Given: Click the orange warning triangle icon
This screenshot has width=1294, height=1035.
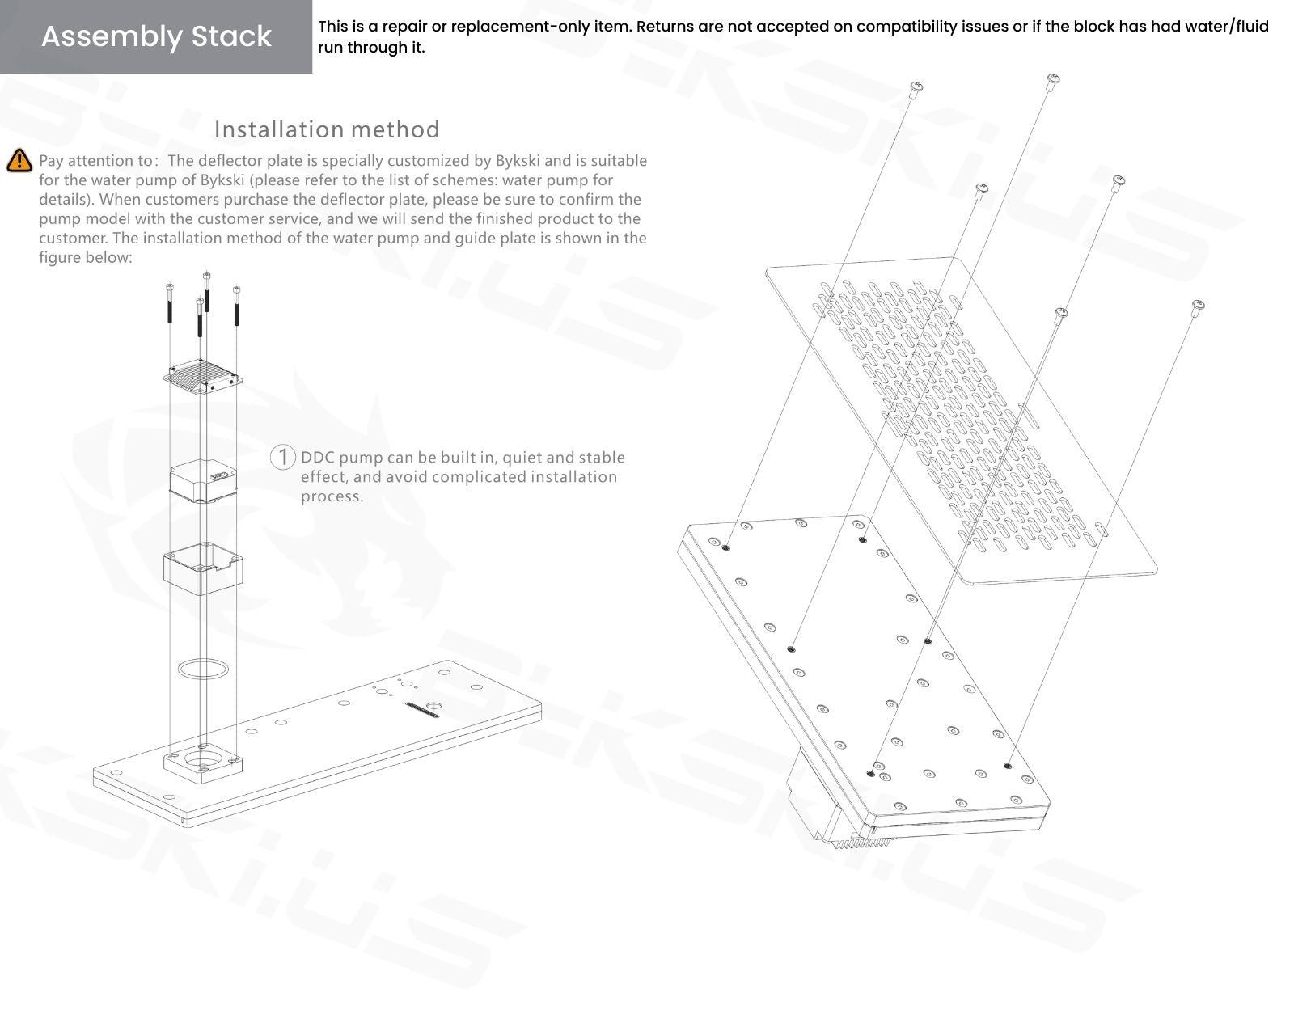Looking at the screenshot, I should tap(19, 161).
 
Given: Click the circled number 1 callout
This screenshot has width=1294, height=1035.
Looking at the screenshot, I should tap(282, 457).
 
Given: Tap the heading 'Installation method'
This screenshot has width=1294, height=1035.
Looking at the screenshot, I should tap(327, 129).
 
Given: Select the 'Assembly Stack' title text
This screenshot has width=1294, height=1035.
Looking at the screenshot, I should tap(156, 36).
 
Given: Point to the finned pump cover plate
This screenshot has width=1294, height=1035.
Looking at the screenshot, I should tap(204, 375).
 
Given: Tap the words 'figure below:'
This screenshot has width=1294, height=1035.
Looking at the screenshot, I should tap(85, 258).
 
